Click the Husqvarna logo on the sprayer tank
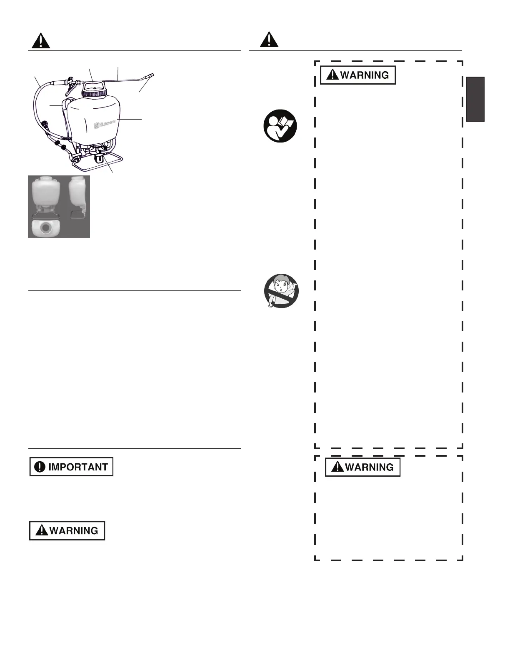[x=105, y=124]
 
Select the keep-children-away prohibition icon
[x=282, y=291]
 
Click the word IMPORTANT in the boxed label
[x=78, y=467]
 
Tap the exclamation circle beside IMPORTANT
[x=40, y=467]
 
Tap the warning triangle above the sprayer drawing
[x=41, y=41]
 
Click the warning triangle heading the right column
[x=269, y=40]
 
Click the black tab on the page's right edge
[x=475, y=99]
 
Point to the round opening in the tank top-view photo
[x=46, y=228]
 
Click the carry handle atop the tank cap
[x=94, y=85]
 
